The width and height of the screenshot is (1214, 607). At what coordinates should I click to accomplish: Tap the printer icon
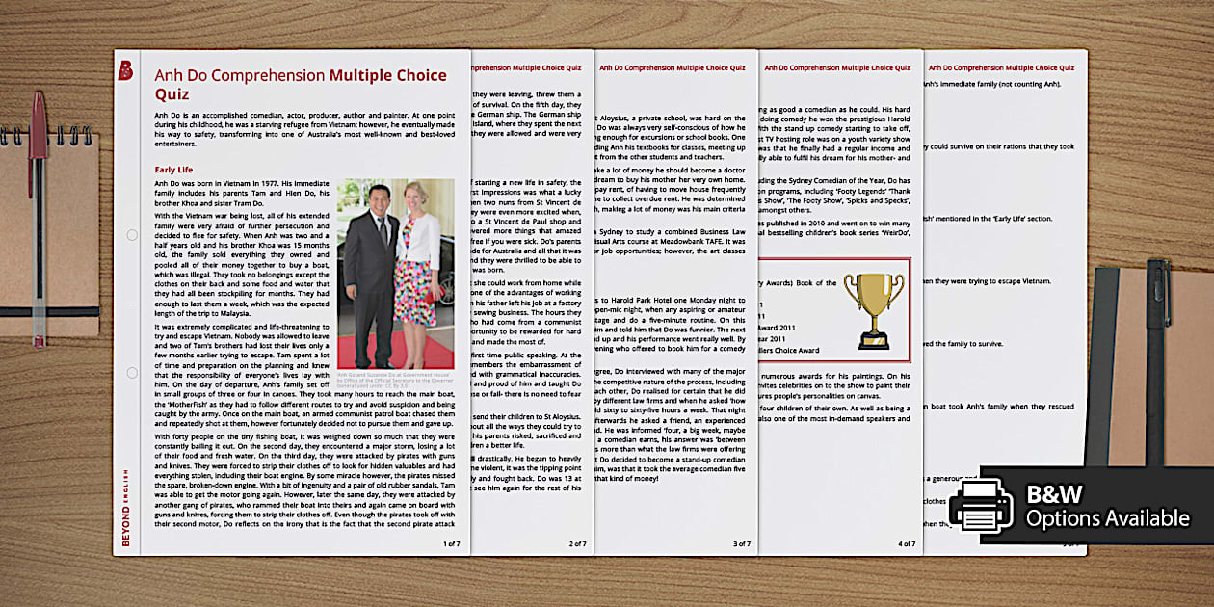click(981, 505)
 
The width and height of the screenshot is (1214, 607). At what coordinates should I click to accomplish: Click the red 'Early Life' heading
click(173, 170)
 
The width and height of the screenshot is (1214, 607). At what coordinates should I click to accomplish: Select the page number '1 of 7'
click(451, 544)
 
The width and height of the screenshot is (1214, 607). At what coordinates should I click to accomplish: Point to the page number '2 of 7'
click(577, 544)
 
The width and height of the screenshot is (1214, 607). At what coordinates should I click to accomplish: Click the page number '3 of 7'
click(742, 544)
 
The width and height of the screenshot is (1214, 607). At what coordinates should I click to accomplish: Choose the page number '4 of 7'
click(907, 544)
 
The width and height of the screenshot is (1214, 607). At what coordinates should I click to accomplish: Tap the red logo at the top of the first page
click(125, 70)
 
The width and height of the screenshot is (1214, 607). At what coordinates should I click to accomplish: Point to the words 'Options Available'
click(1107, 519)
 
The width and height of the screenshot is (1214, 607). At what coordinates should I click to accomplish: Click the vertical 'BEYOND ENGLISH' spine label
click(125, 507)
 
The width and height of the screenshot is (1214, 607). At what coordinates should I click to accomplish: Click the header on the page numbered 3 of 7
click(672, 68)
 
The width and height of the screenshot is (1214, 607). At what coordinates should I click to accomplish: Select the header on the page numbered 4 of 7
click(839, 68)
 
